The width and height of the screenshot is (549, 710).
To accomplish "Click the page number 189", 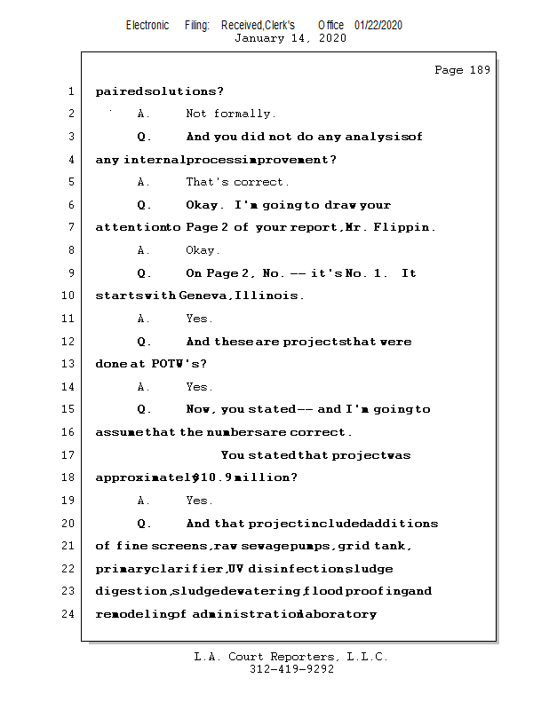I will click(480, 70).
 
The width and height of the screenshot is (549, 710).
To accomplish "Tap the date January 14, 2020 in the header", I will click(290, 38).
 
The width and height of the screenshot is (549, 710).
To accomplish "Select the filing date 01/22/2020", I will click(378, 25).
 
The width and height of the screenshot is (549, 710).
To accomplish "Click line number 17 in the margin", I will click(70, 455).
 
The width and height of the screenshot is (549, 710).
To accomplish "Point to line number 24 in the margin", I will click(70, 613).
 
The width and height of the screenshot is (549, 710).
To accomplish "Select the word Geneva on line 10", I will click(203, 296).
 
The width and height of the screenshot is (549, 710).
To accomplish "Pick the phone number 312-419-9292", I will click(290, 670).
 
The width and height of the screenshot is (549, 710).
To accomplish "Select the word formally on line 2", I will click(244, 114).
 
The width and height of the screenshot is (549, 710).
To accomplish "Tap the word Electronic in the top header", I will click(147, 25).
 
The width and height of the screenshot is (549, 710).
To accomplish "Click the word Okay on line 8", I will click(203, 250).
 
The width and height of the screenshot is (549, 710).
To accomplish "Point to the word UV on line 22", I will click(235, 569).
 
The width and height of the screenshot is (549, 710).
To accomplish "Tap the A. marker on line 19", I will click(143, 501).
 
